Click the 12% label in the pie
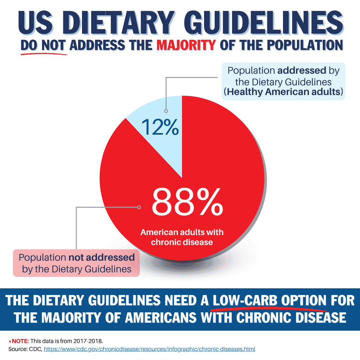click(x=160, y=127)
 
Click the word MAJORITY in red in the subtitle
click(x=186, y=45)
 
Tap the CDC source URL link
click(x=149, y=349)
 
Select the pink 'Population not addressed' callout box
click(x=76, y=263)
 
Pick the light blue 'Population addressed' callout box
click(x=283, y=81)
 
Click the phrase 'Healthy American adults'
click(x=283, y=92)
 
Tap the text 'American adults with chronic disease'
click(x=182, y=237)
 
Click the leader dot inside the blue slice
click(x=166, y=111)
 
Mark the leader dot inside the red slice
click(x=139, y=207)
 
